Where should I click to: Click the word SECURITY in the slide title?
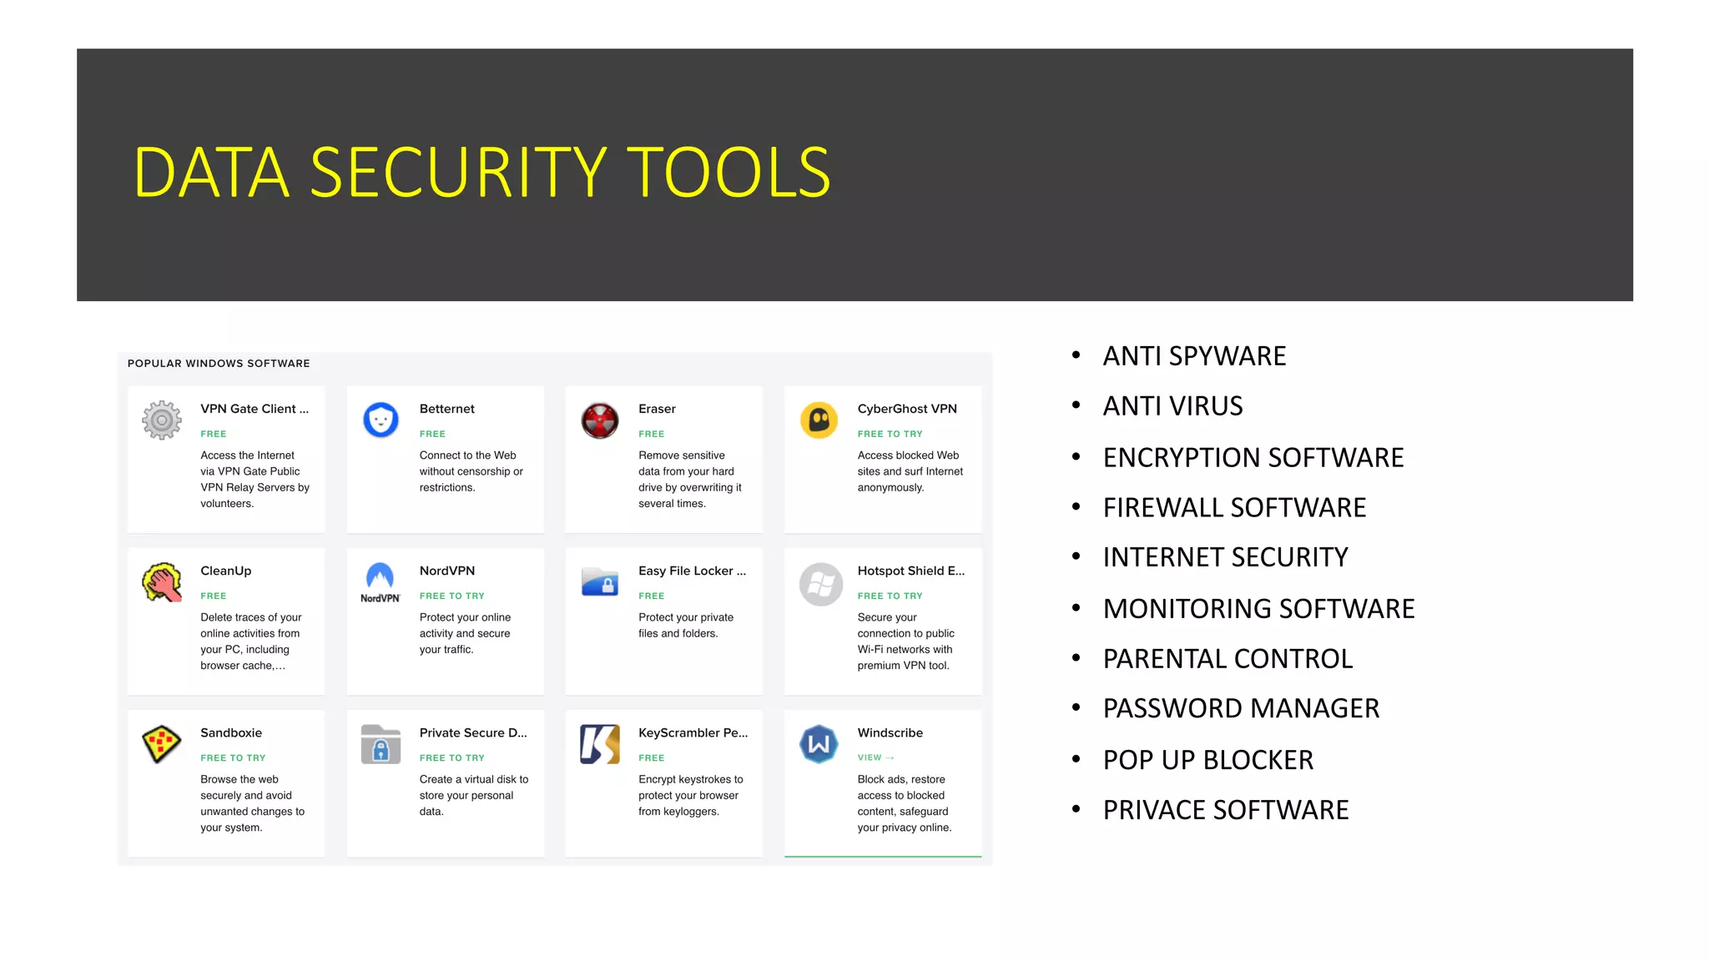(458, 173)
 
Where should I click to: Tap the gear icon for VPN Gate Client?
(162, 420)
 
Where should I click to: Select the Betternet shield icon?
(381, 420)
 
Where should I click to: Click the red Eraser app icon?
(600, 420)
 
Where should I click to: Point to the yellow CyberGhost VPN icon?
(819, 420)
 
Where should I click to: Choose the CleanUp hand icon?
(162, 582)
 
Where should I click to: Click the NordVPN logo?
(381, 582)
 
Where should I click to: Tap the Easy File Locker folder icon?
(600, 582)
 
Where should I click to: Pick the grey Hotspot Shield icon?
(820, 583)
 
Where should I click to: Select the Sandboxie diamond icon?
(162, 743)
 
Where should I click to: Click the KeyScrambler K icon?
(600, 744)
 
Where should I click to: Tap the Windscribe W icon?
(819, 744)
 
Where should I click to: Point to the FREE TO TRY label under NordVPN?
(451, 596)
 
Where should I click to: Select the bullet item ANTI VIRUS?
(1172, 406)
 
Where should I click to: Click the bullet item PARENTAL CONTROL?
(1228, 659)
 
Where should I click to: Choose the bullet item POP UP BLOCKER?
(1207, 760)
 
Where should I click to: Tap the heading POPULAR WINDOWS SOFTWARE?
(219, 364)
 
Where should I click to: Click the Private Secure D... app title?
(473, 732)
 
